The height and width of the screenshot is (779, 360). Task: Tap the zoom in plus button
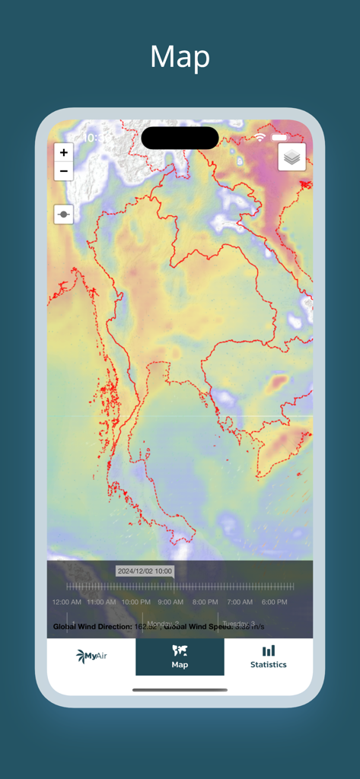coord(64,152)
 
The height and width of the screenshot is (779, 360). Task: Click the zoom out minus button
coord(64,171)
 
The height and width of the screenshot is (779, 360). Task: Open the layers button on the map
coord(292,157)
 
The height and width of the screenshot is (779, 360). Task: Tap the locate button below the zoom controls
coord(64,215)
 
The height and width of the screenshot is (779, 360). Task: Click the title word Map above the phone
coord(180,57)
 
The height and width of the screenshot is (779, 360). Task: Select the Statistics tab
coord(269,657)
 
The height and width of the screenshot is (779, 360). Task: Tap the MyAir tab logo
coord(91,657)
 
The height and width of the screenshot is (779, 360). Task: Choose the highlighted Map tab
coord(180,657)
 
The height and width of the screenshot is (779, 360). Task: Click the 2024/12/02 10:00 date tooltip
coord(145,571)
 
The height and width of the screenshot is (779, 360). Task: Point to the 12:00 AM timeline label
coord(67,602)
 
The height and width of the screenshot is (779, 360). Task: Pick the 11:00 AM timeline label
coord(101,602)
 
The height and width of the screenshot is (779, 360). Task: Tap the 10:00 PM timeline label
coord(135,602)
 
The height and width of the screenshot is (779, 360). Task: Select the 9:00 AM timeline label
coord(170,602)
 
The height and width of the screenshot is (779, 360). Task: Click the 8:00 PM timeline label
coord(205,602)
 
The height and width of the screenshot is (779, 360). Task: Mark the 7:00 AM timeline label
coord(240,602)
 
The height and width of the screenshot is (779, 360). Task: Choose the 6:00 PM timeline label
coord(274,602)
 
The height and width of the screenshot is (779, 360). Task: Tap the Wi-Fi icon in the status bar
coord(260,138)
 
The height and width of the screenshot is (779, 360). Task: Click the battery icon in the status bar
coord(279,138)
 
